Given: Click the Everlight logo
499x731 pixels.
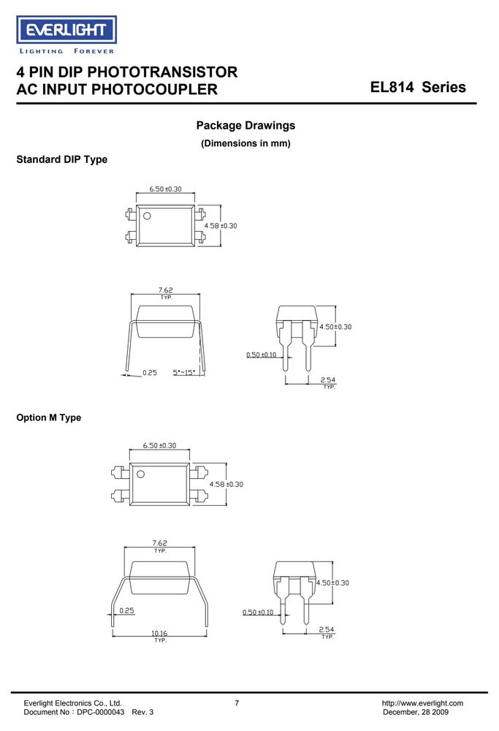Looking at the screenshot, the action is click(66, 35).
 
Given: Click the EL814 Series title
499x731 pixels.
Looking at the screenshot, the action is click(418, 87).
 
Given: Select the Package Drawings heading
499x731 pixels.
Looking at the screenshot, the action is click(245, 126).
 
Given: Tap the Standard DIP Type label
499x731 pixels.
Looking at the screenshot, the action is click(62, 159).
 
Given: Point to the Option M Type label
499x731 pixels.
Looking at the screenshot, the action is click(48, 417).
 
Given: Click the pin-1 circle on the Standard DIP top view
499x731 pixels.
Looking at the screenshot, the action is click(148, 216).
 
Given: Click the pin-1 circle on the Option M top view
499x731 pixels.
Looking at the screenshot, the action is click(140, 474).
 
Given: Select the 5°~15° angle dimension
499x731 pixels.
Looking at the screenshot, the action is click(183, 373).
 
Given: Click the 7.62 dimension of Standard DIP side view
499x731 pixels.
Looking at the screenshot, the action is click(166, 293).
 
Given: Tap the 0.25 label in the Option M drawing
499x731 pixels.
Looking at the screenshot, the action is click(126, 610).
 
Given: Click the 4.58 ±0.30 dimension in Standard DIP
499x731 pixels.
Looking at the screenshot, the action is click(221, 226).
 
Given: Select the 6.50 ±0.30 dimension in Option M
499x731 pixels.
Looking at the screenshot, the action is click(159, 446).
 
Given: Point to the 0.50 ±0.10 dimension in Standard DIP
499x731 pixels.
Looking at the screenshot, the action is click(262, 355).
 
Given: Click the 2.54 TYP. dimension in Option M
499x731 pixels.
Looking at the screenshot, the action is click(327, 632).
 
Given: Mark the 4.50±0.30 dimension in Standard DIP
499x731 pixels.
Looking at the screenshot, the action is click(335, 327).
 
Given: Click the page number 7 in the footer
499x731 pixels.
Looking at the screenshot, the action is click(237, 703).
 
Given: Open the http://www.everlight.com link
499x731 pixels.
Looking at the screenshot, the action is click(422, 703).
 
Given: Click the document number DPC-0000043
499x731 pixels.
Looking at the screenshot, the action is click(101, 712).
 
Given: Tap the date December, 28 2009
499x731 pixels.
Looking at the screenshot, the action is click(416, 712).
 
